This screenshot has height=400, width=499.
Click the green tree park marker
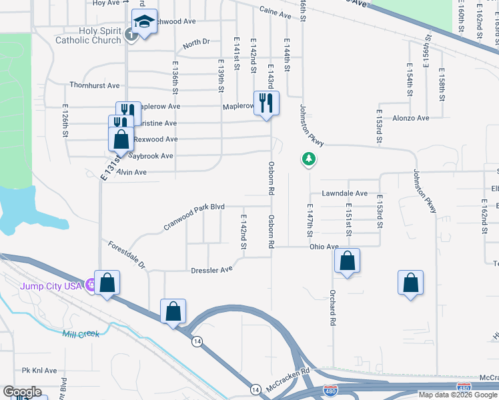coord(308,159)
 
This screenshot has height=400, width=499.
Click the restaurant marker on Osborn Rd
coord(266,103)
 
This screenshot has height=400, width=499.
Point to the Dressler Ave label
coord(211,269)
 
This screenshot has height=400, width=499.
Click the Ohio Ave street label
coord(324,247)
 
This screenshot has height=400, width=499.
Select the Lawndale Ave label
coord(344,193)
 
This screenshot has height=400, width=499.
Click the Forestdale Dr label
coord(127,254)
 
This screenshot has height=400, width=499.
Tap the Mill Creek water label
coord(81,333)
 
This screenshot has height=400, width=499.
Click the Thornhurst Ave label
coord(95,85)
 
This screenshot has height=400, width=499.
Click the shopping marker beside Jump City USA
coord(107,283)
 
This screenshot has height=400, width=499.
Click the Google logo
coord(23,392)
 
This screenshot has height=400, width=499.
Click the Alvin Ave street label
coord(131,172)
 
